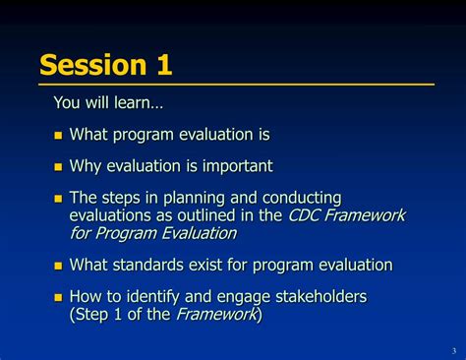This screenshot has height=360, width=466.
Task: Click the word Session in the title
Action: tap(88, 65)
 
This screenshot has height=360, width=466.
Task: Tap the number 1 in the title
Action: tap(162, 65)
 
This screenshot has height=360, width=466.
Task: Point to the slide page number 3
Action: tap(453, 351)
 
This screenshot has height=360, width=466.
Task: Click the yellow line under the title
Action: tap(236, 86)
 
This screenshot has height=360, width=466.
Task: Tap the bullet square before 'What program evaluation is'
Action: tap(58, 136)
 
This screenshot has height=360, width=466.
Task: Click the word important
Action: tap(237, 166)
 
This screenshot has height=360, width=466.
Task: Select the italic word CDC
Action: tap(304, 215)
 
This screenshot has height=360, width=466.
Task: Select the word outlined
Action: tap(205, 215)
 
